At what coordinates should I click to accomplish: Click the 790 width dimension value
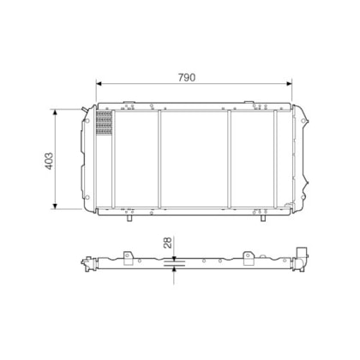click(187, 77)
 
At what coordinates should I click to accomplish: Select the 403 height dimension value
click(49, 161)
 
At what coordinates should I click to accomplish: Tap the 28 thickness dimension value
click(168, 243)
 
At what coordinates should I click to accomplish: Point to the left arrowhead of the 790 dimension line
click(99, 83)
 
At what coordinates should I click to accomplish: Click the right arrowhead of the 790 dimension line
click(289, 83)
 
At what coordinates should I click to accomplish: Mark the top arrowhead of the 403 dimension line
click(55, 112)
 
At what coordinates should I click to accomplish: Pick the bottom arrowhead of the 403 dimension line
click(55, 206)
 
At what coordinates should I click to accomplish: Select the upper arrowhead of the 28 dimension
click(174, 259)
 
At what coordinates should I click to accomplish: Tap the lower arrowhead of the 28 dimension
click(174, 269)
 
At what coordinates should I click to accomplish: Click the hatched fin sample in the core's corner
click(105, 123)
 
